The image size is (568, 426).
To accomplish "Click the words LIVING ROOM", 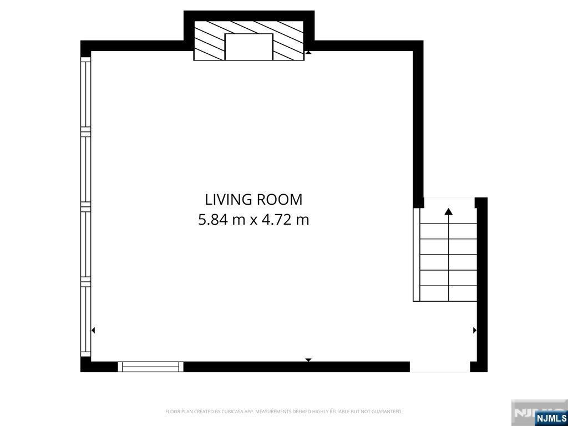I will (253, 199).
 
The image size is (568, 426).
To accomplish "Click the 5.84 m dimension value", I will (222, 220).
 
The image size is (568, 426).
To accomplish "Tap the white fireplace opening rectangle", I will (248, 47).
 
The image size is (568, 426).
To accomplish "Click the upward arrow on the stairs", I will (448, 211).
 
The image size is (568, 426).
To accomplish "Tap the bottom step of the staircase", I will (448, 293).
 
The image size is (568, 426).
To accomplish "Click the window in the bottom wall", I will (150, 367).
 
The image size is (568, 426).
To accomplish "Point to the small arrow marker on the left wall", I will (93, 331).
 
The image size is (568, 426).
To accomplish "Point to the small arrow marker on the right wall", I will (474, 331).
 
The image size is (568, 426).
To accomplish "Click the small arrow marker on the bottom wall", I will (308, 360).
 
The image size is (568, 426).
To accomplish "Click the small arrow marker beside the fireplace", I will (308, 52).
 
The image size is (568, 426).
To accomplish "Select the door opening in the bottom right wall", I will (439, 367).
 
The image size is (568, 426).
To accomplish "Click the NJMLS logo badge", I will (551, 418).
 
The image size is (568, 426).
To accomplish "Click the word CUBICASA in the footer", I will (222, 412).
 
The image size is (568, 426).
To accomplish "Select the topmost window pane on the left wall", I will (85, 94).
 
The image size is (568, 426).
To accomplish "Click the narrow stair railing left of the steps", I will (417, 255).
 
